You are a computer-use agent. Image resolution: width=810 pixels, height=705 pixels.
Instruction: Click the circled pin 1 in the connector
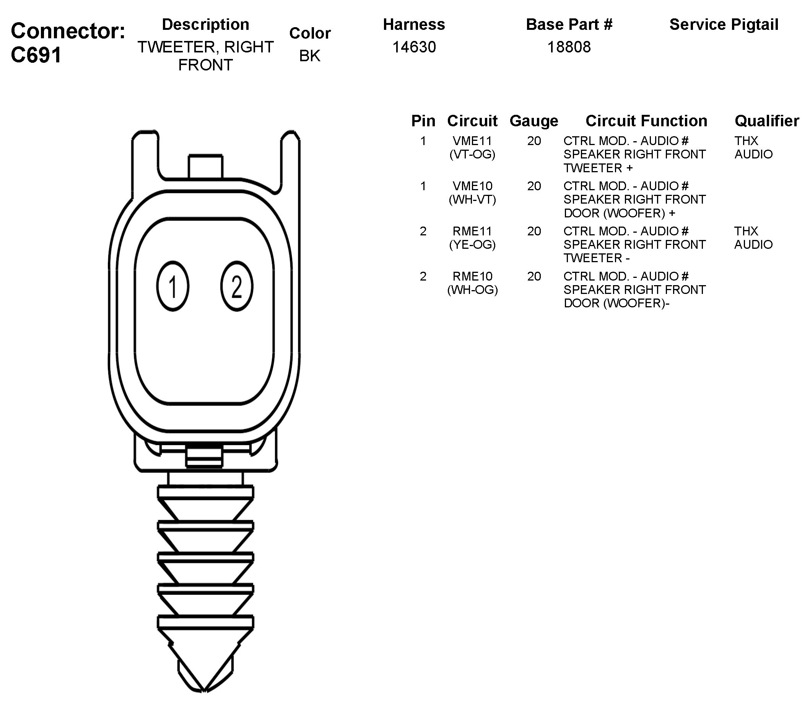(x=172, y=286)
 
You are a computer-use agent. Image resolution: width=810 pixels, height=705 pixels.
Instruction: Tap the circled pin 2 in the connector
(x=237, y=286)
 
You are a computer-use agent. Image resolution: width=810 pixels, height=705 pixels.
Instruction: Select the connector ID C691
(x=36, y=55)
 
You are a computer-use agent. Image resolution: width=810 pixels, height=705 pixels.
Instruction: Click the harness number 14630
(x=414, y=47)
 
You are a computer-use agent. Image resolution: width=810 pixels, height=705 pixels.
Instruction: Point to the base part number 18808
(x=569, y=47)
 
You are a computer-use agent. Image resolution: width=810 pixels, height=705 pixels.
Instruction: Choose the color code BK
(x=310, y=56)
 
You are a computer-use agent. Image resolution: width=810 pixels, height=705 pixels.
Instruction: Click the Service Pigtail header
(x=724, y=24)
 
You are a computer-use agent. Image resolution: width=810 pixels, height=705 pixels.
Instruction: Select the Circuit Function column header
(x=646, y=121)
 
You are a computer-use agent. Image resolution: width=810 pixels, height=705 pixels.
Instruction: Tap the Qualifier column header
(x=766, y=121)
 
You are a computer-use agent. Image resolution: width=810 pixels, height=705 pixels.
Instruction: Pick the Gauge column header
(x=534, y=121)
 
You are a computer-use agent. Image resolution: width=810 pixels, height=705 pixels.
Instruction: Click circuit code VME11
(x=472, y=141)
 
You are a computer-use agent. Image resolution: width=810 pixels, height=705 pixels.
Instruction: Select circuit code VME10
(x=472, y=186)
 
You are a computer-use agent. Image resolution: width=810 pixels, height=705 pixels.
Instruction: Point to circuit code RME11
(x=472, y=231)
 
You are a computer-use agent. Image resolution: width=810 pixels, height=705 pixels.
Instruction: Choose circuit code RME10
(x=472, y=276)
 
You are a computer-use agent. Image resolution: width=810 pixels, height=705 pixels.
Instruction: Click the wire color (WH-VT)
(x=472, y=199)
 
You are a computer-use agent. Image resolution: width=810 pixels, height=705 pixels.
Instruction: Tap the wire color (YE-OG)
(x=472, y=245)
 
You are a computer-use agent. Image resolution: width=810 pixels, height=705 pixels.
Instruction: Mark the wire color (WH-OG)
(x=472, y=290)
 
